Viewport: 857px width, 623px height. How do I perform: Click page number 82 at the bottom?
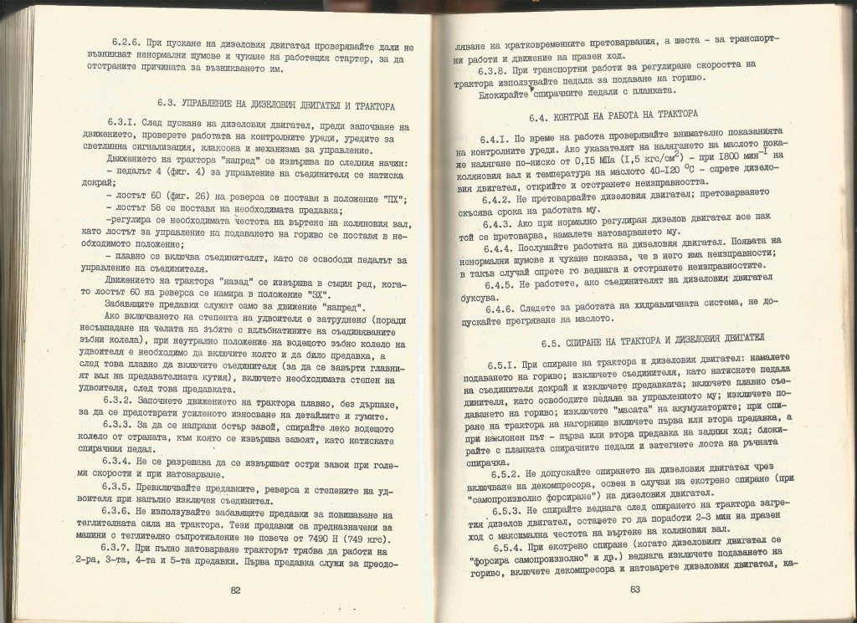click(x=235, y=590)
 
